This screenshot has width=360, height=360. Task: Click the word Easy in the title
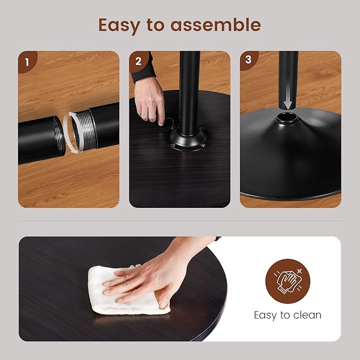[119, 25]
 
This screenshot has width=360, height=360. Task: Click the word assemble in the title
[216, 24]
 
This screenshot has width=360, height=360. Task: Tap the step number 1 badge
[27, 62]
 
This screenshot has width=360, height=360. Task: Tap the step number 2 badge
[138, 62]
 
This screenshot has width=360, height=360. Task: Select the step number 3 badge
[249, 60]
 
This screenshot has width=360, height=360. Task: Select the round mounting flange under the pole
[188, 139]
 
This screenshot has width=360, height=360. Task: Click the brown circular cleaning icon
[288, 281]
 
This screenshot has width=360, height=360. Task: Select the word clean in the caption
[307, 315]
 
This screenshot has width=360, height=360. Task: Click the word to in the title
[155, 25]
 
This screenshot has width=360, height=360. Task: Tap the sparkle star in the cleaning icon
[300, 271]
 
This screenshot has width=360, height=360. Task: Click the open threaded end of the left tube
[59, 136]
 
